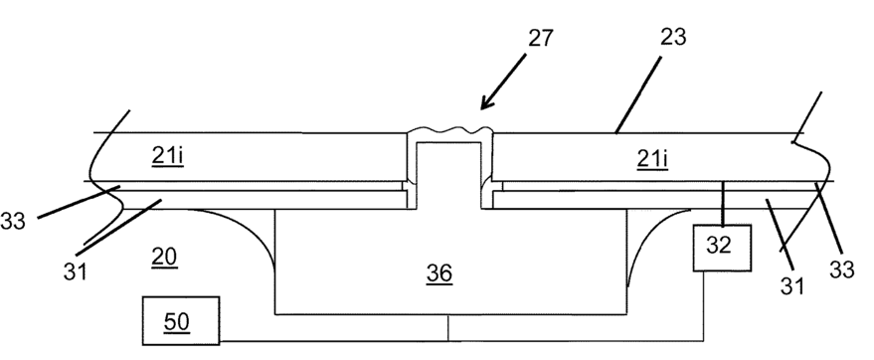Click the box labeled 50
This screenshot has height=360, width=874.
[x=181, y=320]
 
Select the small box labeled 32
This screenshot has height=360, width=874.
[x=721, y=248]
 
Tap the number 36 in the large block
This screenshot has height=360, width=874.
[x=439, y=273]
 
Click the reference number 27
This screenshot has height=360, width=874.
[x=540, y=38]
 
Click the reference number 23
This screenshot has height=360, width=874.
[x=673, y=38]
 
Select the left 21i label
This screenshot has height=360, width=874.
[x=167, y=156]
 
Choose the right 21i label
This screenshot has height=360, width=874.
[x=652, y=160]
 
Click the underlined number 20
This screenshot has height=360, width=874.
[x=164, y=257]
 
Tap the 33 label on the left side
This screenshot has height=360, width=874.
[x=13, y=221]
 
